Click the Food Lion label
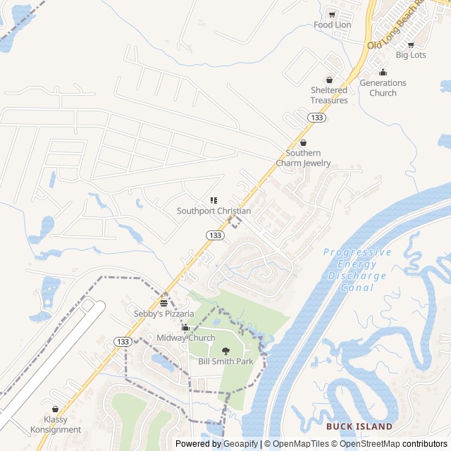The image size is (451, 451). (x=332, y=25)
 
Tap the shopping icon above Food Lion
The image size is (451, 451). (x=332, y=14)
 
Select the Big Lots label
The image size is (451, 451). (x=411, y=54)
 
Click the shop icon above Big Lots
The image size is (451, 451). (x=411, y=44)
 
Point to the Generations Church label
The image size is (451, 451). (x=383, y=88)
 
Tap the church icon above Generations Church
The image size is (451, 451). (x=383, y=73)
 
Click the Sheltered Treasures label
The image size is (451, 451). (x=329, y=95)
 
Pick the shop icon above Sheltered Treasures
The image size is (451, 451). (x=329, y=80)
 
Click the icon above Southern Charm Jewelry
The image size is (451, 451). (x=304, y=143)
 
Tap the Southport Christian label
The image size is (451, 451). (x=214, y=211)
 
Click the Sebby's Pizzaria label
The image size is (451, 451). (x=164, y=313)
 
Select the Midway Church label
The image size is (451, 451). (x=186, y=338)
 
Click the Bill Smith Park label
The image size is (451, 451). (x=225, y=362)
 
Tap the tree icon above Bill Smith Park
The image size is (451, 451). (x=225, y=351)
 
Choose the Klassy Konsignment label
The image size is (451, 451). (x=56, y=424)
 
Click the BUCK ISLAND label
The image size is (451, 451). (x=359, y=427)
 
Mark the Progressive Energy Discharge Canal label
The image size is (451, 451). (x=357, y=270)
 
